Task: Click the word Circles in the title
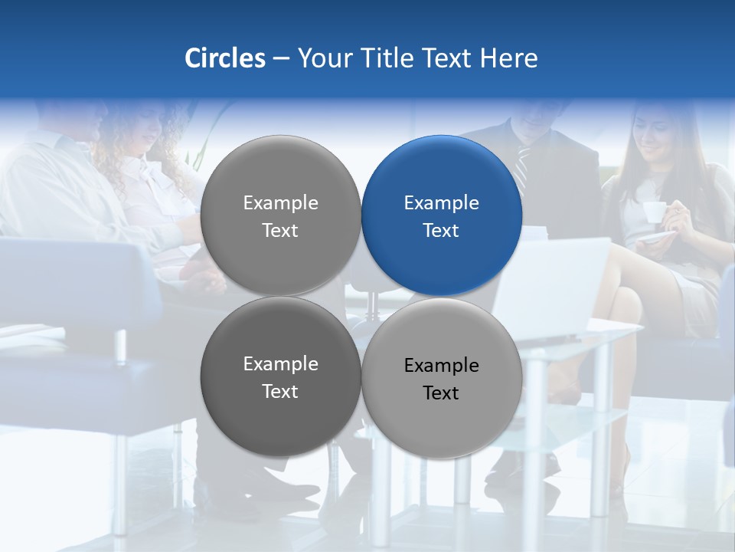[x=224, y=58]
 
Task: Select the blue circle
[x=442, y=215]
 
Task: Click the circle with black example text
[x=442, y=378]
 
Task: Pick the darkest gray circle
[x=280, y=377]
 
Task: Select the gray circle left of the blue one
[x=280, y=215]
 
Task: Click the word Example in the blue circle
[x=441, y=202]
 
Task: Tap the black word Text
[x=441, y=393]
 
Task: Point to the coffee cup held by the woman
[x=654, y=212]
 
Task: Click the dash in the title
[x=281, y=59]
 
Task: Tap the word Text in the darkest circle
[x=280, y=392]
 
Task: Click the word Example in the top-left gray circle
[x=280, y=202]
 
